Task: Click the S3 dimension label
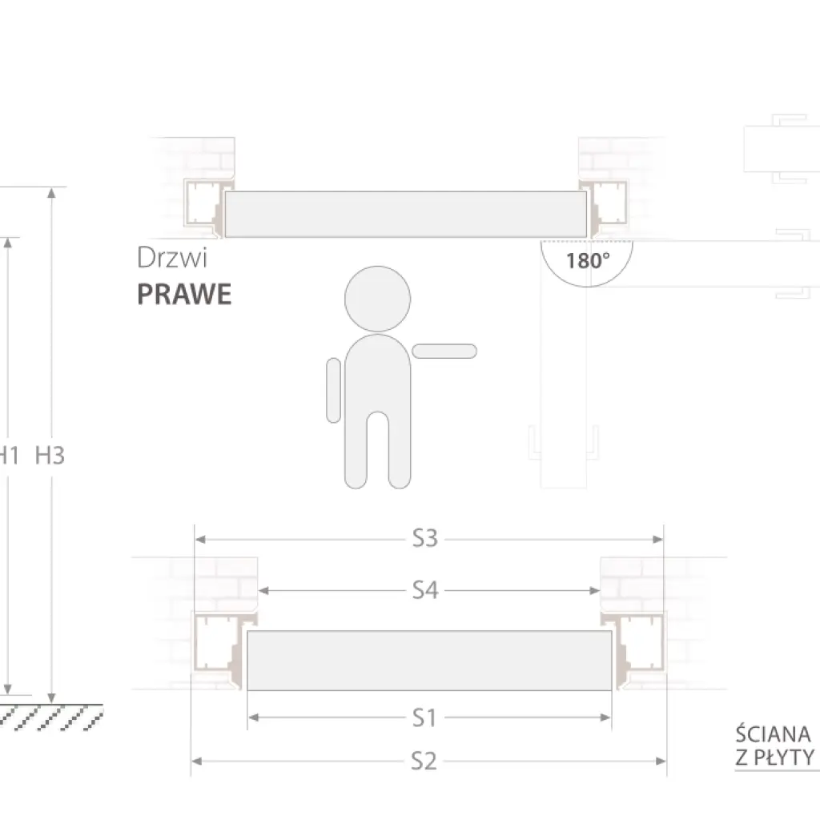coord(425,539)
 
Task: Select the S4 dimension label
coord(425,590)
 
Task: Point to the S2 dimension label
coord(424,761)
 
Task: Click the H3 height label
coord(50,456)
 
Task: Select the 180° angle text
coord(588,260)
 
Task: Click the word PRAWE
coord(184,295)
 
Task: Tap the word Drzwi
coord(172,258)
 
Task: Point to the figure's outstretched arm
coord(444,351)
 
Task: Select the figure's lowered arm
coord(333,390)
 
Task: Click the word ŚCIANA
coord(774,734)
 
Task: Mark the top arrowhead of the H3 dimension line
coord(52,193)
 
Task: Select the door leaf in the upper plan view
coord(405,215)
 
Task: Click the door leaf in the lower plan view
coord(428,661)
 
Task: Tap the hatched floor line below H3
coord(48,715)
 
